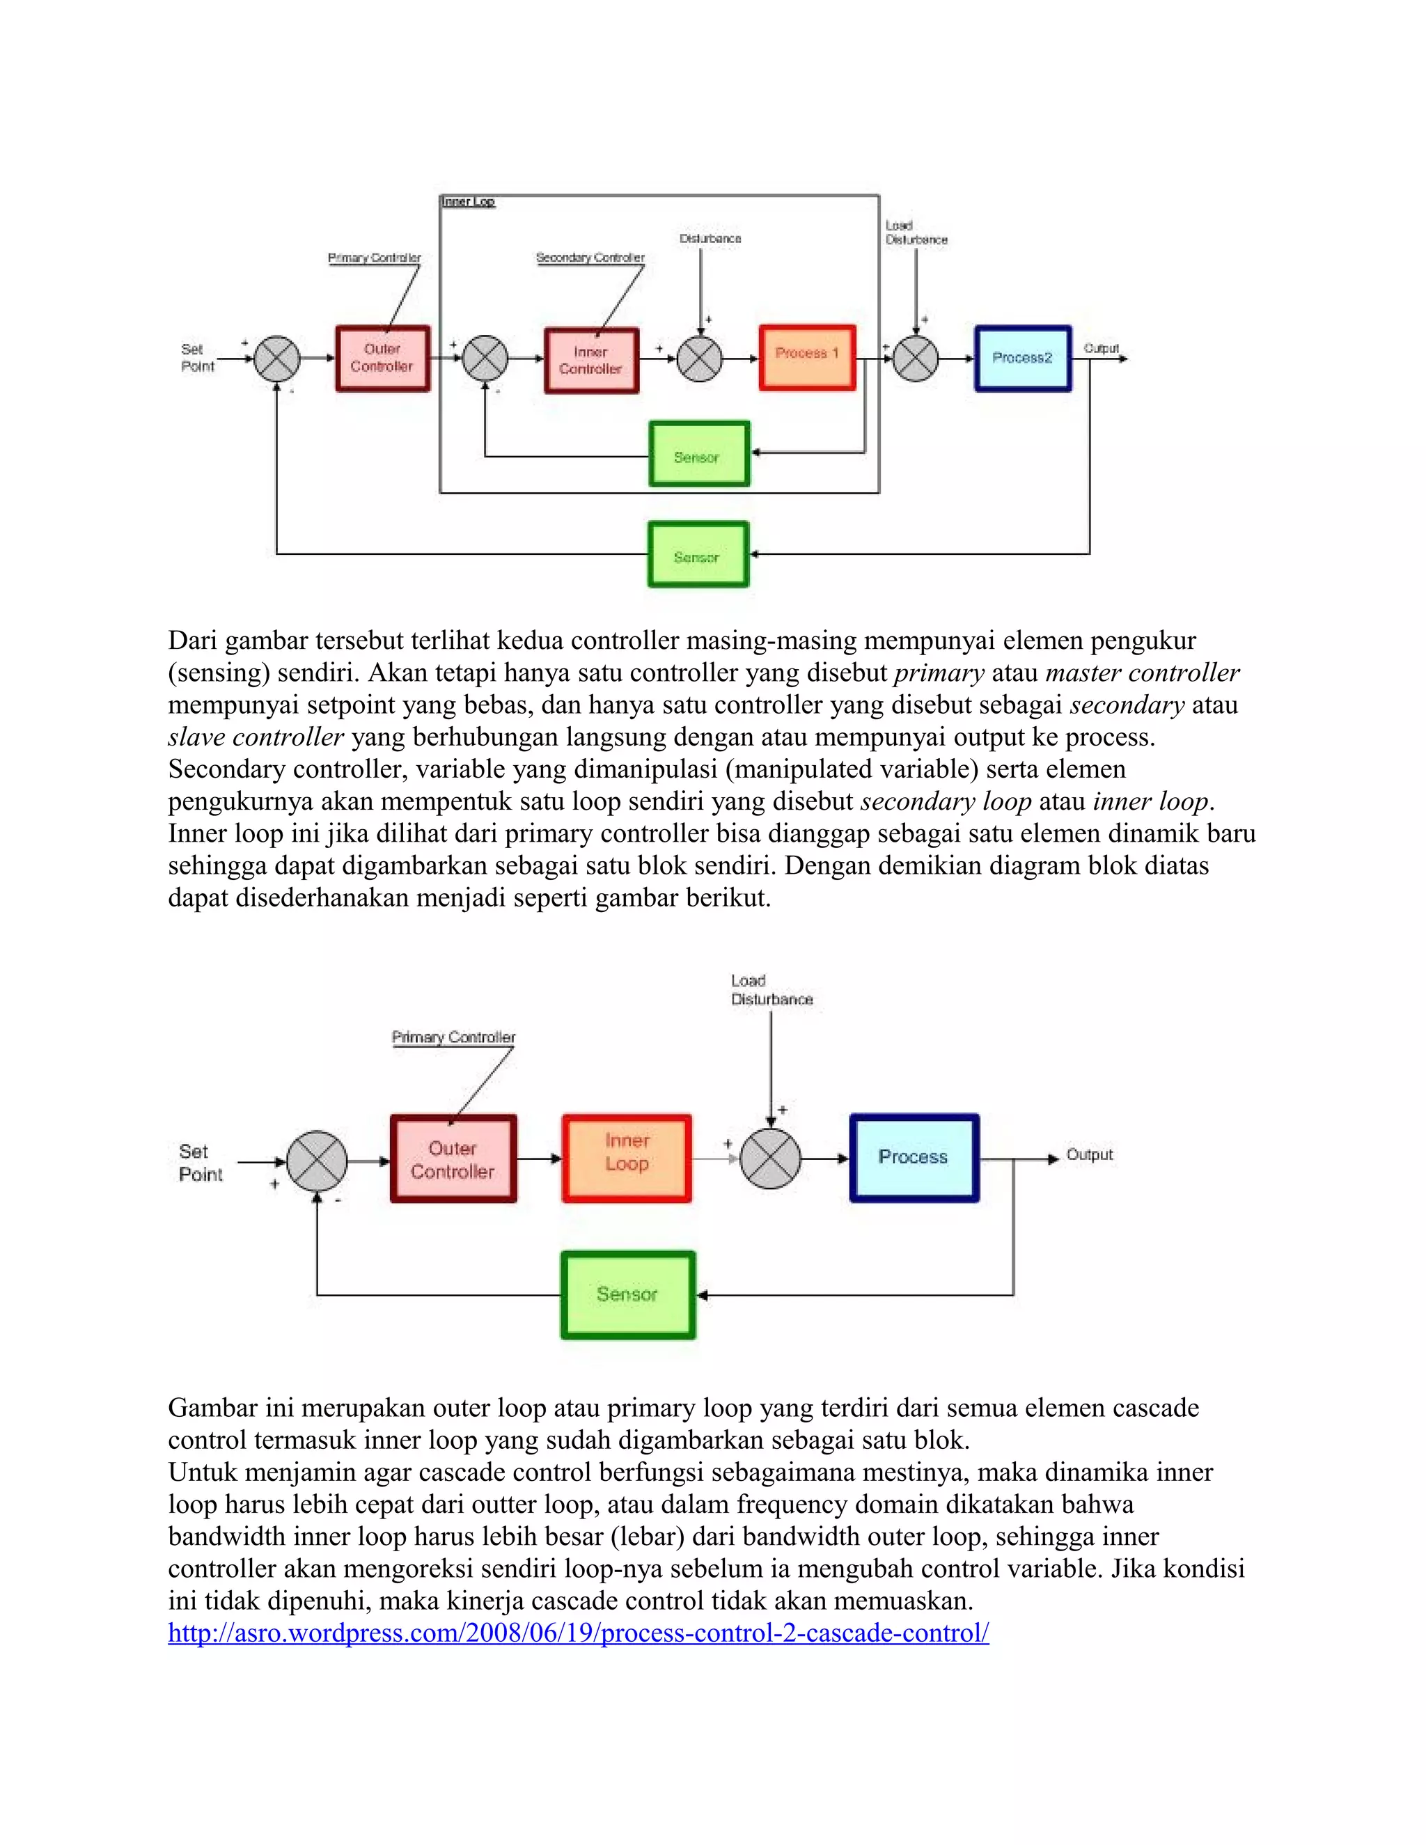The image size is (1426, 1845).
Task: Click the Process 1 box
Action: tap(807, 357)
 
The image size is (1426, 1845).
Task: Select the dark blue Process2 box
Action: tap(1022, 358)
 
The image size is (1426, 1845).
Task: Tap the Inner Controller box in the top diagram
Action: tap(590, 361)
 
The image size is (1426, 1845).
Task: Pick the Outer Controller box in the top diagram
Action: tap(382, 358)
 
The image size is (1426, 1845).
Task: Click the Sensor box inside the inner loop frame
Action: tap(698, 455)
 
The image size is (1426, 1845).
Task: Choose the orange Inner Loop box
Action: tap(626, 1157)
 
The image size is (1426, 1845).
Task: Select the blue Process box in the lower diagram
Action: tap(914, 1157)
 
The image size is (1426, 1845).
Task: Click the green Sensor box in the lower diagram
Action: tap(627, 1294)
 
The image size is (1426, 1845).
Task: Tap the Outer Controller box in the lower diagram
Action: tap(453, 1159)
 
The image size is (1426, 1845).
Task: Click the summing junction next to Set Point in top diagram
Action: tap(277, 358)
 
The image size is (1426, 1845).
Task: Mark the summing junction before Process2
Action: tap(916, 358)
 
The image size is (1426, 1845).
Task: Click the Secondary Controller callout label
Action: tap(590, 258)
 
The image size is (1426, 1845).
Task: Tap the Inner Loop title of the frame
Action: tap(468, 202)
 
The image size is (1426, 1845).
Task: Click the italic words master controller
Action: tap(1142, 673)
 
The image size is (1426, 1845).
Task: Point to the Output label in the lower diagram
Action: tap(1089, 1154)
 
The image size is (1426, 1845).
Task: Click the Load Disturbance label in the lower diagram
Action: tap(771, 990)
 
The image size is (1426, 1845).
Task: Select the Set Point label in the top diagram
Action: tap(197, 357)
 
